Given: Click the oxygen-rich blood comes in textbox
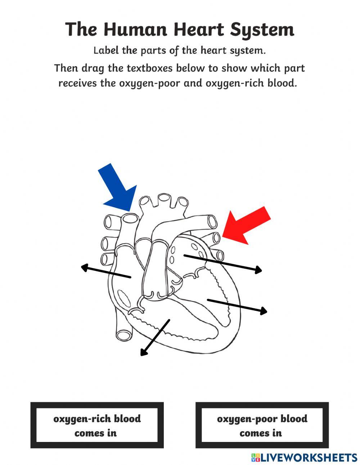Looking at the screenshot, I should [x=97, y=425].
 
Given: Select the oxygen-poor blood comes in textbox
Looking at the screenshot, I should [x=262, y=425].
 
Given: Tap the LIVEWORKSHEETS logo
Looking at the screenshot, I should [x=304, y=457].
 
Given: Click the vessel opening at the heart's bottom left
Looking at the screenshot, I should [x=123, y=334].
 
